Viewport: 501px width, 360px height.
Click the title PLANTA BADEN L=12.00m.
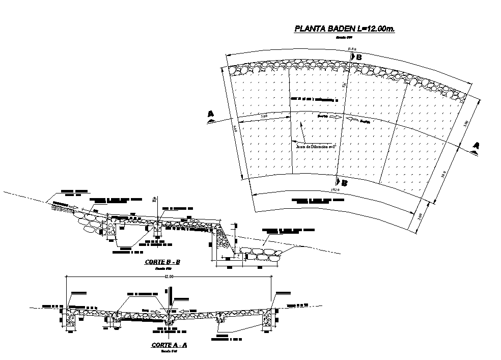(x=345, y=29)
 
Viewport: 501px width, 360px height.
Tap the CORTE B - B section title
(x=162, y=262)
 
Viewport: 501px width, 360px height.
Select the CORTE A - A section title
(x=170, y=345)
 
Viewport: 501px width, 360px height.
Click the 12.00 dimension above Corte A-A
(x=169, y=276)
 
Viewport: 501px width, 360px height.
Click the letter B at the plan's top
(x=358, y=58)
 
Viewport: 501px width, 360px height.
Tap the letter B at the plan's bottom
(x=344, y=183)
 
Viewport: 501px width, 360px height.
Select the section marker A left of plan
(x=210, y=116)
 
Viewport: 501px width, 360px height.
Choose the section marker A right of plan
(x=476, y=146)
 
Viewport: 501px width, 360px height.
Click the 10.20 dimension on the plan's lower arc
(x=335, y=189)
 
